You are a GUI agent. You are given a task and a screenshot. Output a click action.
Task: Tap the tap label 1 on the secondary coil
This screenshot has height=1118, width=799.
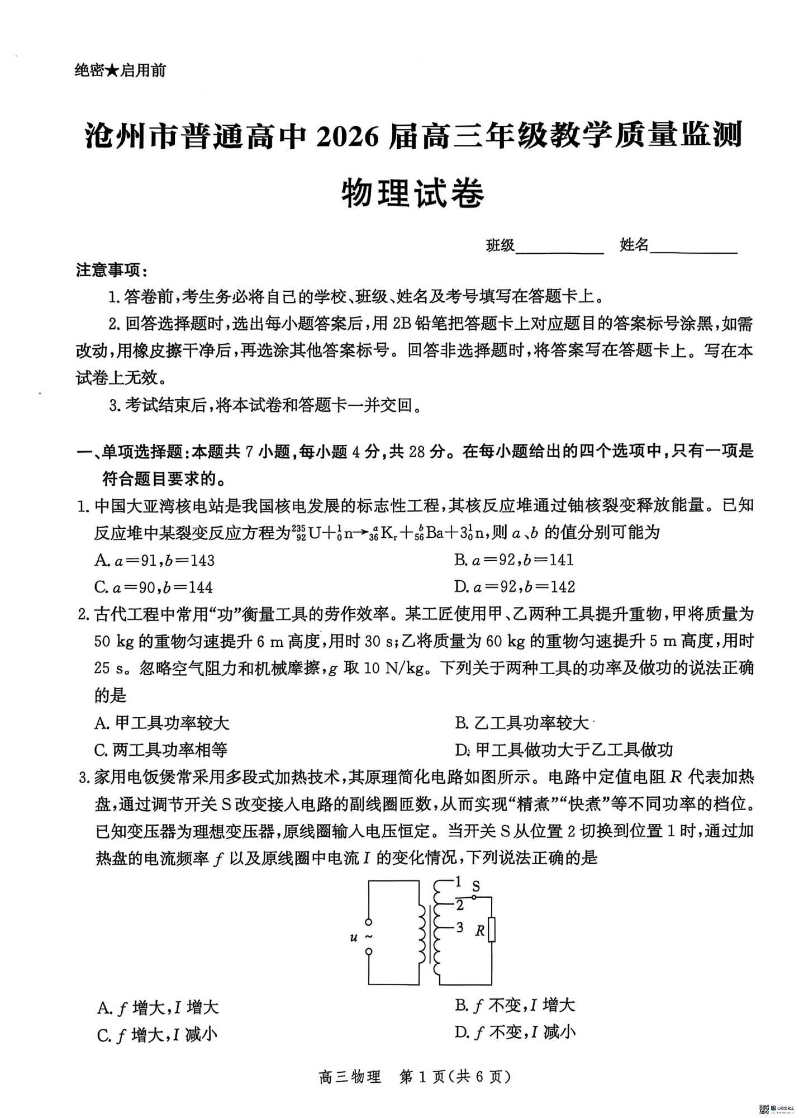(x=458, y=882)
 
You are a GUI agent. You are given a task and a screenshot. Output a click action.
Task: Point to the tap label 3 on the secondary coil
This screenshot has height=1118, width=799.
(x=459, y=927)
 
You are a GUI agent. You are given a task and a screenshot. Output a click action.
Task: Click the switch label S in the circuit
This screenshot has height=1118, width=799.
(x=476, y=886)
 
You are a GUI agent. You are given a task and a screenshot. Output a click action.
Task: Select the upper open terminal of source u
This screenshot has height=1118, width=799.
(x=369, y=922)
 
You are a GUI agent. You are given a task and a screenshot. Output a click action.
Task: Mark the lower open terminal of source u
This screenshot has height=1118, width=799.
(x=369, y=951)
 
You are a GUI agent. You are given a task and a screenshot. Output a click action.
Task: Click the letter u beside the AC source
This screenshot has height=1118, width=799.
(x=354, y=937)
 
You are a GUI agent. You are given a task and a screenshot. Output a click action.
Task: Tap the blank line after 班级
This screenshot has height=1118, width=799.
(x=559, y=246)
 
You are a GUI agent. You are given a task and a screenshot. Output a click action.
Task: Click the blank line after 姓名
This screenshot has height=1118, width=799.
(x=693, y=246)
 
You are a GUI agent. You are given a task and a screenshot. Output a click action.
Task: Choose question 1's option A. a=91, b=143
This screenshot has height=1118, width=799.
(x=155, y=560)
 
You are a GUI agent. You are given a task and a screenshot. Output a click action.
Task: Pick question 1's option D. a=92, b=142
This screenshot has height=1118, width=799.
(x=515, y=587)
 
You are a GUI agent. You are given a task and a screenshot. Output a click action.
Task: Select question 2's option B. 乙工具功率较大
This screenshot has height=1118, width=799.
(x=522, y=723)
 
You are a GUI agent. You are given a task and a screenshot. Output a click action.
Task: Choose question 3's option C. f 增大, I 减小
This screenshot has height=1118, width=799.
(x=157, y=1035)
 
